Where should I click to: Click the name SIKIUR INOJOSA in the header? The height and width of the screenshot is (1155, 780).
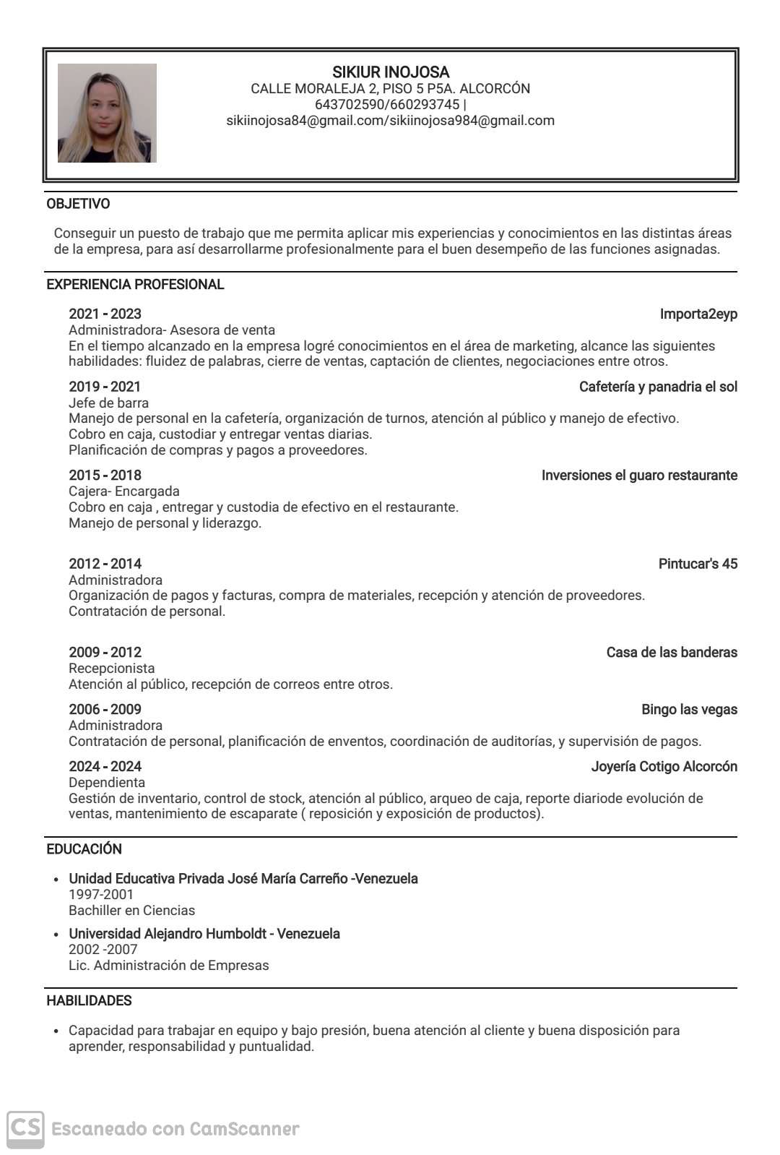391,72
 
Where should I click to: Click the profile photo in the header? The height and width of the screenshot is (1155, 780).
107,113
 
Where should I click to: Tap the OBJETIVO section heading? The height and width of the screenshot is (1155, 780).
78,204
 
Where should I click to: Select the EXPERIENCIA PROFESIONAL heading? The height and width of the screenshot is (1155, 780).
135,285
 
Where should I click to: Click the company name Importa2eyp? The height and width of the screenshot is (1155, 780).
698,314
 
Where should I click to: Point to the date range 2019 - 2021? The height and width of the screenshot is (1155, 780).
105,387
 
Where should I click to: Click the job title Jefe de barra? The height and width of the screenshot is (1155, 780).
108,403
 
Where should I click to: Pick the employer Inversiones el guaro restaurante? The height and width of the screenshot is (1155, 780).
639,475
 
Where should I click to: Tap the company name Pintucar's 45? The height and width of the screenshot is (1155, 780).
698,564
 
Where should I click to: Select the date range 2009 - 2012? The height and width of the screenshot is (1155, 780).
105,652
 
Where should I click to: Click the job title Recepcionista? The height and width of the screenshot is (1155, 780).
111,668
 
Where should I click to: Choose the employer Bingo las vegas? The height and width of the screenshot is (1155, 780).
689,709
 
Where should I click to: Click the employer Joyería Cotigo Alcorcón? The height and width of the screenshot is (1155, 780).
664,766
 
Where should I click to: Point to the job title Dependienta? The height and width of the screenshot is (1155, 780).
107,782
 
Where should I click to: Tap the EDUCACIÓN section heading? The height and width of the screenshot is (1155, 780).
84,849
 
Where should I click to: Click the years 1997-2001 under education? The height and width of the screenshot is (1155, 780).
101,894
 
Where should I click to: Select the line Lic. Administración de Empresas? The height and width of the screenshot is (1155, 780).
168,965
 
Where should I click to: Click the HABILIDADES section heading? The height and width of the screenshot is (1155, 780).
89,1001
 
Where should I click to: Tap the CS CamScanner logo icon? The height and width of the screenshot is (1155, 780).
26,1128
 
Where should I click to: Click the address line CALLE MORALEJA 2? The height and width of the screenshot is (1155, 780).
390,89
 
